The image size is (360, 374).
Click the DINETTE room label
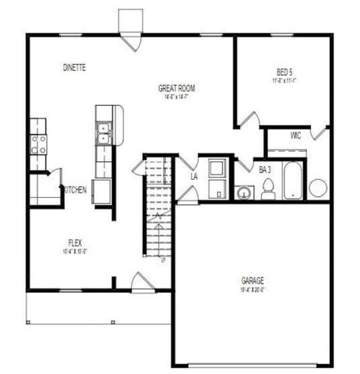pos(74,68)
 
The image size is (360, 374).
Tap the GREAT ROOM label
pos(177,89)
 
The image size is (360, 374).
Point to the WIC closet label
pos(295,136)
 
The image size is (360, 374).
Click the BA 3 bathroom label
pos(265,169)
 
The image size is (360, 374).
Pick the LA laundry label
pos(194,177)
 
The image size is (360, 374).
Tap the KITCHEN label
pos(75,191)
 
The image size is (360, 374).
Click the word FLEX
pos(75,243)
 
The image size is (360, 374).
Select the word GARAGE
pos(252,280)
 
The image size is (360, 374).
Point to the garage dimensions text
pos(252,289)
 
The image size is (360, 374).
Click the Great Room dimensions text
pos(177,97)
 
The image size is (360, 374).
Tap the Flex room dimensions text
pos(75,252)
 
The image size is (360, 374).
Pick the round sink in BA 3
pos(245,192)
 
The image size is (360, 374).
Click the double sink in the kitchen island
pos(103,134)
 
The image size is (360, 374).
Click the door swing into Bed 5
pos(249,122)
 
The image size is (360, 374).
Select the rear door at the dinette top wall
pos(131,39)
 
